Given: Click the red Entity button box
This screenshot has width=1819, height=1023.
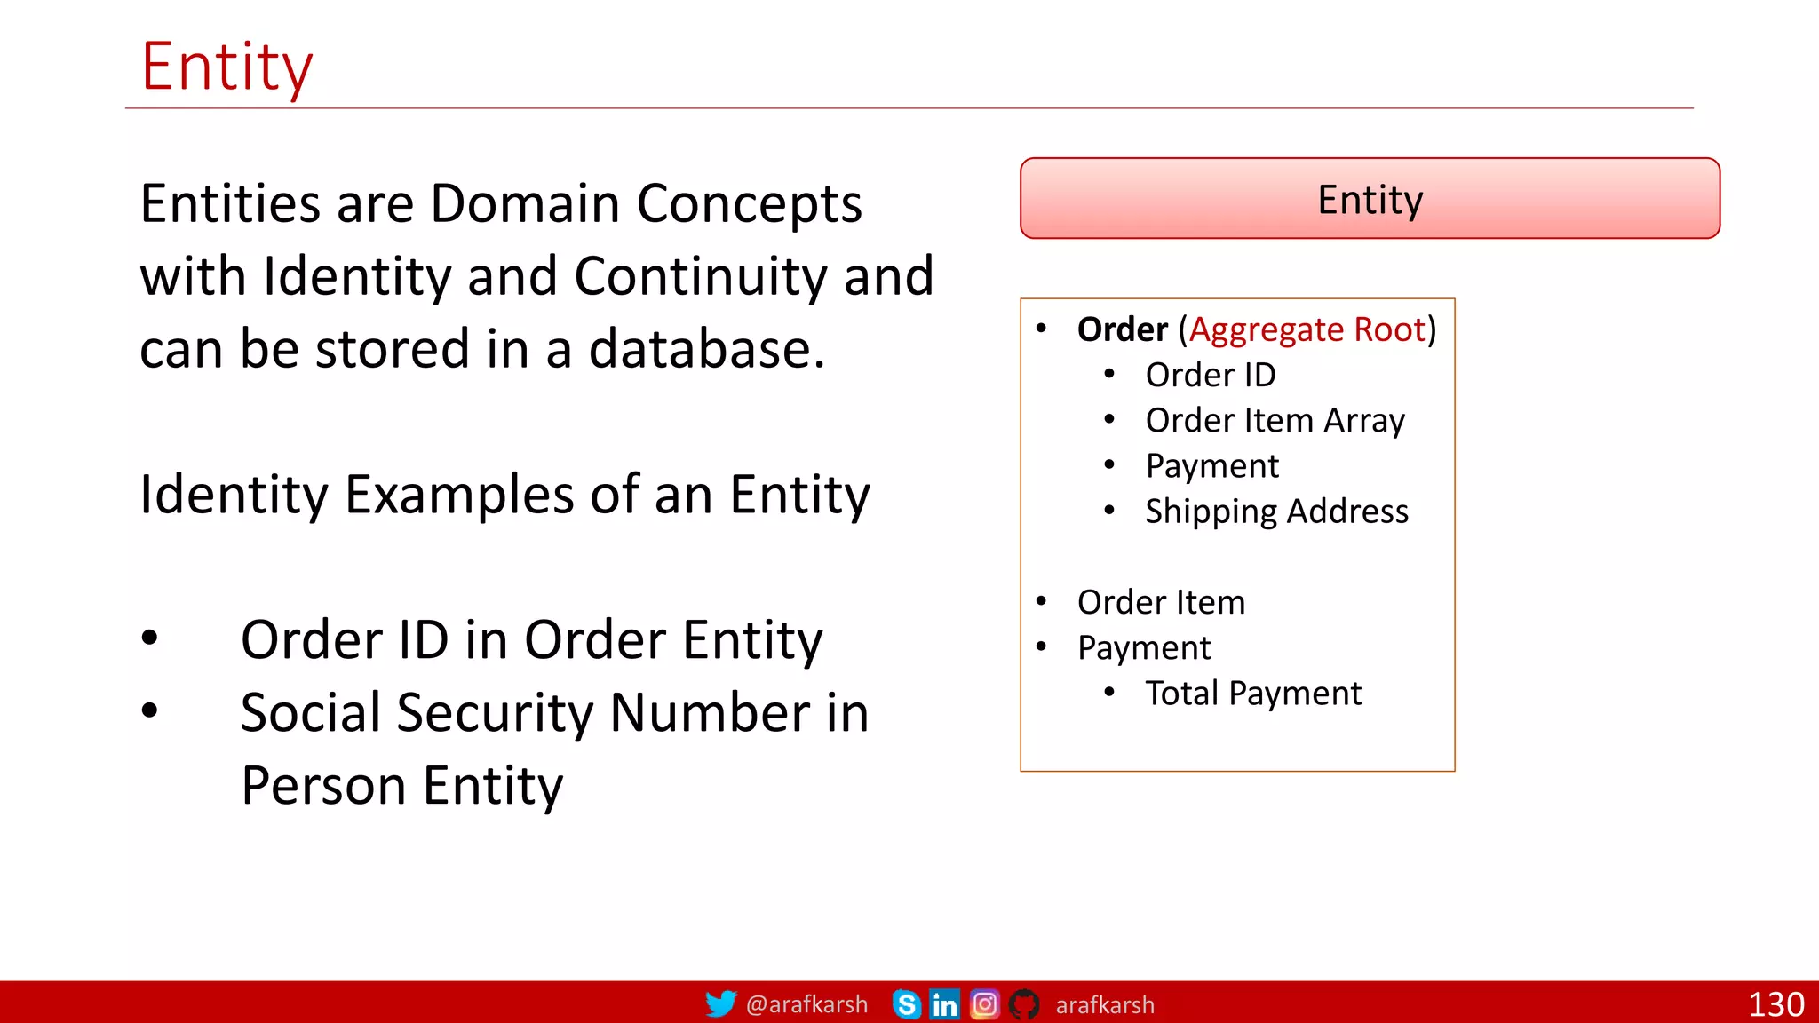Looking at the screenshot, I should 1370,199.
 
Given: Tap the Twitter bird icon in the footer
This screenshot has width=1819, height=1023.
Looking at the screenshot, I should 720,1003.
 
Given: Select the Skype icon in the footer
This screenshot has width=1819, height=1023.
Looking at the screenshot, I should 906,1004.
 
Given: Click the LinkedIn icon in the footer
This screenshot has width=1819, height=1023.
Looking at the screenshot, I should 944,1004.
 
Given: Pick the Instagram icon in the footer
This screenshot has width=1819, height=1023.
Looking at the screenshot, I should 984,1004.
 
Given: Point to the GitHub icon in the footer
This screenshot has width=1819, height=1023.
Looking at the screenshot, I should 1024,1004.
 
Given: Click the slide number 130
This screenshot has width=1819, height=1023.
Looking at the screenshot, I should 1775,1004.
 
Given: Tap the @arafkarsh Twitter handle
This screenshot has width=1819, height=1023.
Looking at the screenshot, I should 806,1004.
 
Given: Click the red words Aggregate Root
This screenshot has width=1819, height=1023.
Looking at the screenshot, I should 1307,329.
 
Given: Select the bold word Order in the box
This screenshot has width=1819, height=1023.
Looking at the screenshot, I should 1122,329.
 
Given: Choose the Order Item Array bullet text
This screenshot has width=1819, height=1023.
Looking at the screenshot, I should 1275,421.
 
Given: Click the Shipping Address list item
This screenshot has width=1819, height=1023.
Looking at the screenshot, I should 1276,511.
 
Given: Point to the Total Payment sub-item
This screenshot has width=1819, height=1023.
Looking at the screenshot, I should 1252,694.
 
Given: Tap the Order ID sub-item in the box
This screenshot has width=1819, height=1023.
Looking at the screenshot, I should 1210,375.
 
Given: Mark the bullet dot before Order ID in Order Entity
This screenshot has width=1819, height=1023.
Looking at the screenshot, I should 150,638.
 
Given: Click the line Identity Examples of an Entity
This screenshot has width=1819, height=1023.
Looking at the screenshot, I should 504,495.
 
